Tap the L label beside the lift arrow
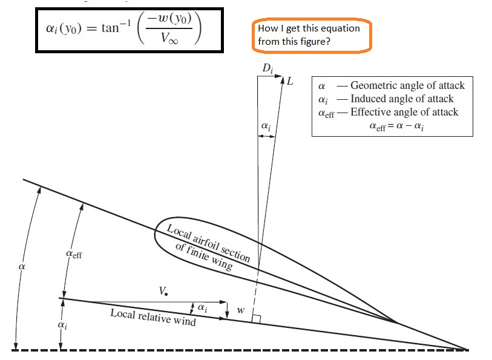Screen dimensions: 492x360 pos(290,81)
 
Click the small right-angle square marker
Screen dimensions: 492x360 pos(256,318)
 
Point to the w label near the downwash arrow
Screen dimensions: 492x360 pos(241,310)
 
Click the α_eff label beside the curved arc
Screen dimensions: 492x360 pos(73,255)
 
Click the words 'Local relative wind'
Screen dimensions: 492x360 pos(153,318)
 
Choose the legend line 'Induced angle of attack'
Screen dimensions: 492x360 pos(401,99)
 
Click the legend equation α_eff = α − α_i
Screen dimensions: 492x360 pos(396,126)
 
